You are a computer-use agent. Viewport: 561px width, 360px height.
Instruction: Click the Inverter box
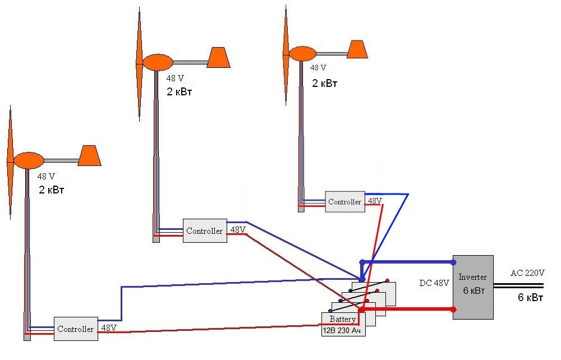click(473, 287)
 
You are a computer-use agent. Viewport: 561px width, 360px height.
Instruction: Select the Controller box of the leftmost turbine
click(76, 329)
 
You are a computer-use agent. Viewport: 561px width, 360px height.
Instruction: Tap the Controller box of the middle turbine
click(205, 230)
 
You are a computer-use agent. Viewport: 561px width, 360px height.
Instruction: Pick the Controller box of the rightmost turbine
click(344, 201)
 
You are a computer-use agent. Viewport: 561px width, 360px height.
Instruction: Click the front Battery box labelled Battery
click(343, 319)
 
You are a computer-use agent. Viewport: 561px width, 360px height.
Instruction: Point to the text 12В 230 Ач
click(340, 331)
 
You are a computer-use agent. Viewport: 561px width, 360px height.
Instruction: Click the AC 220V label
click(527, 273)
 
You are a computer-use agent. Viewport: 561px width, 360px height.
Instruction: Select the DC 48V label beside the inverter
click(434, 283)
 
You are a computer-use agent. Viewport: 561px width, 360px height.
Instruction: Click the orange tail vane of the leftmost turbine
click(89, 155)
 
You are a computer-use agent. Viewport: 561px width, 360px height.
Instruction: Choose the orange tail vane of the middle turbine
click(219, 57)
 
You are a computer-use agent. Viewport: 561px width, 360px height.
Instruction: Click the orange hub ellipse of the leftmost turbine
click(29, 160)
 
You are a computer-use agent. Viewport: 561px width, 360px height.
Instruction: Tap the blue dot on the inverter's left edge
click(453, 262)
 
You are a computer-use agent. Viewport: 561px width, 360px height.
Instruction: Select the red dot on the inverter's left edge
click(453, 309)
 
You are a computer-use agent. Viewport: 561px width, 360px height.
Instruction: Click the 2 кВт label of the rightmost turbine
click(325, 83)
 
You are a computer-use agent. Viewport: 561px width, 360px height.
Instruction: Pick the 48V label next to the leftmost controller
click(108, 327)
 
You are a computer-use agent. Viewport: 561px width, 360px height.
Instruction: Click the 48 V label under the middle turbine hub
click(175, 79)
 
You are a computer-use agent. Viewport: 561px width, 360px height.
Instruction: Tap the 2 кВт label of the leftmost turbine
click(52, 190)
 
